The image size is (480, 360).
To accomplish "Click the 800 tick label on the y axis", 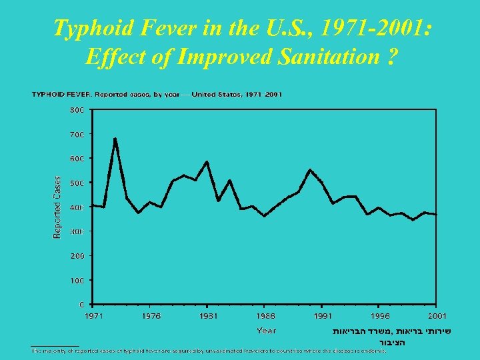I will (x=77, y=110).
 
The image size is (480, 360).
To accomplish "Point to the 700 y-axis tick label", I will (x=77, y=134).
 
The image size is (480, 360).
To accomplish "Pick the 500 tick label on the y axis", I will (x=77, y=183).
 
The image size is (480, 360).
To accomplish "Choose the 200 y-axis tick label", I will (x=77, y=256).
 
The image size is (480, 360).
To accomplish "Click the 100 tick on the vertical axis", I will (x=77, y=281).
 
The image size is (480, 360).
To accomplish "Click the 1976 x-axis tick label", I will (x=151, y=316).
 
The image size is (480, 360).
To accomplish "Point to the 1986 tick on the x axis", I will (x=266, y=316).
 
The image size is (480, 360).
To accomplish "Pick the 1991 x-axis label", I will (x=323, y=316).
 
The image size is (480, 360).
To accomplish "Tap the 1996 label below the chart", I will (x=380, y=316).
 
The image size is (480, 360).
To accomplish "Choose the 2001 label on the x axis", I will (x=437, y=316).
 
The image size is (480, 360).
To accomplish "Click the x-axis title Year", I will (x=266, y=331).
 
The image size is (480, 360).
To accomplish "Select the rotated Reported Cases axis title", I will (x=57, y=207).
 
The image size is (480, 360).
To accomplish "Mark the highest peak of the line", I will (x=115, y=139).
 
